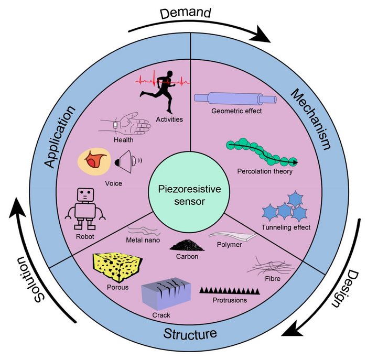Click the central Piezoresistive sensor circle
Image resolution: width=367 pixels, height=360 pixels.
[183, 195]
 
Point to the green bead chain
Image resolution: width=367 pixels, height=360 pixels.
[261, 153]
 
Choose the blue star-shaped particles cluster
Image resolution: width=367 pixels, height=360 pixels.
[284, 206]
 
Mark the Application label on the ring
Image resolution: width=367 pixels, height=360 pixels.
[59, 136]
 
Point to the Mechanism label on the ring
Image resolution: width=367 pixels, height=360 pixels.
[311, 118]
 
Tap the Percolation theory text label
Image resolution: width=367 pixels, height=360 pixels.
[265, 171]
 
